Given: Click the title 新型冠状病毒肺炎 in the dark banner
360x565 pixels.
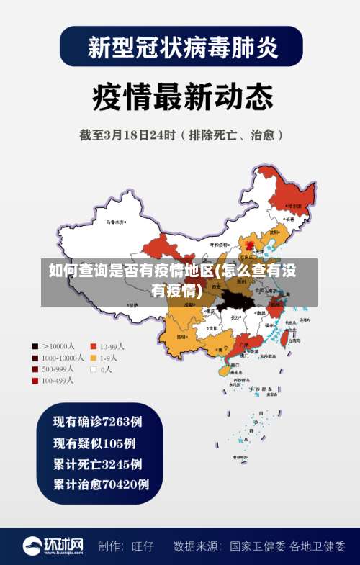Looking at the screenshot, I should (x=180, y=47).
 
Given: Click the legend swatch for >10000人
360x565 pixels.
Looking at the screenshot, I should (x=35, y=346).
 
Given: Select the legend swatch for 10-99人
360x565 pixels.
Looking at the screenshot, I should (x=94, y=346).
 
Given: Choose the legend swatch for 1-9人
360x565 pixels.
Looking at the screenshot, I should (x=94, y=358).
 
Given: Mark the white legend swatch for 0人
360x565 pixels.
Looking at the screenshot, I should (x=94, y=369).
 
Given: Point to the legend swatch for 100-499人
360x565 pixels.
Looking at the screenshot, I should (x=35, y=381).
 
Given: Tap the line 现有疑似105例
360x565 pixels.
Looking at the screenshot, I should (x=94, y=443).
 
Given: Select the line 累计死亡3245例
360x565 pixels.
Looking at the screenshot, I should (x=97, y=464).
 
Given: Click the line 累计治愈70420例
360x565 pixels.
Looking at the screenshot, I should (x=101, y=484).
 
